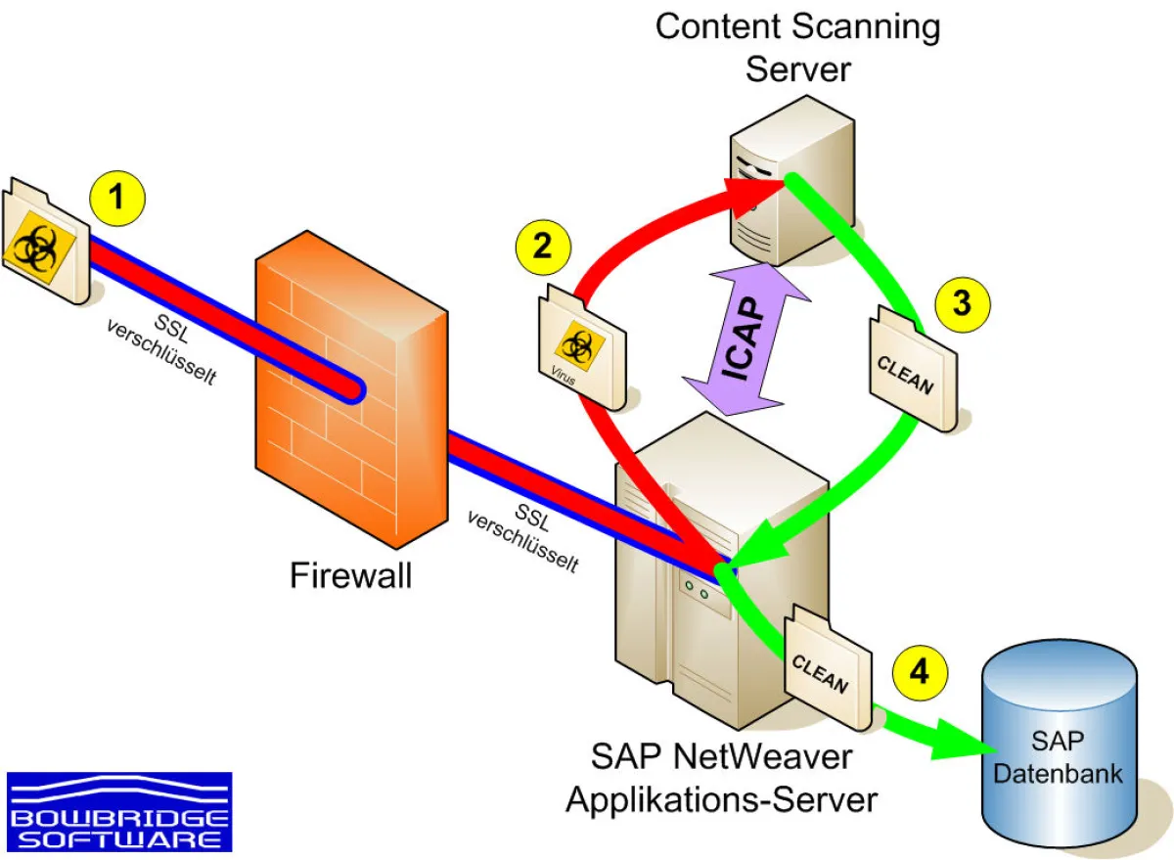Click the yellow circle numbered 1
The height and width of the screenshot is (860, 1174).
coord(116,199)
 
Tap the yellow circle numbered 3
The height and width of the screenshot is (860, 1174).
coord(962,302)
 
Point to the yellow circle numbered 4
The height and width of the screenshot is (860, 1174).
coord(920,673)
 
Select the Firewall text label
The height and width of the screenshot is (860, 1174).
coord(350,575)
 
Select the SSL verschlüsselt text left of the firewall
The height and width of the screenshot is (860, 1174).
coord(161,347)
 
